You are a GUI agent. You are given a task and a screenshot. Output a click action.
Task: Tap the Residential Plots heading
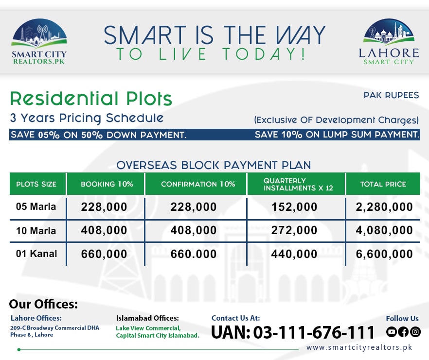click(x=91, y=99)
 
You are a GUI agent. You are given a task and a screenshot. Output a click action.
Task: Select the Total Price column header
click(x=383, y=184)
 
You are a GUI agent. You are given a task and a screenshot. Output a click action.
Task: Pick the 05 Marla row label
click(x=36, y=207)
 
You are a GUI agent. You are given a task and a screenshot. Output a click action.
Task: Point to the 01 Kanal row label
click(x=36, y=254)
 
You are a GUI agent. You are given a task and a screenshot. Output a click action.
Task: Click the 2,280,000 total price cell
click(x=384, y=207)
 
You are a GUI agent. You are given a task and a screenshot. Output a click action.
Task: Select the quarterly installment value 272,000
click(x=294, y=231)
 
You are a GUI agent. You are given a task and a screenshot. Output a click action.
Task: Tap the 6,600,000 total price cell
click(x=384, y=254)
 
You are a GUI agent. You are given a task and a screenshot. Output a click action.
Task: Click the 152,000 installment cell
click(x=294, y=207)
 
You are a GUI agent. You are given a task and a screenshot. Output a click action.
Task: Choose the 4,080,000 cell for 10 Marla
click(x=384, y=231)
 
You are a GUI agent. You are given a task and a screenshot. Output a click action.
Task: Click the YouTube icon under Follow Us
click(x=392, y=332)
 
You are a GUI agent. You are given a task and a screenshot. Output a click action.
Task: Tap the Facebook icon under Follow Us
click(x=403, y=332)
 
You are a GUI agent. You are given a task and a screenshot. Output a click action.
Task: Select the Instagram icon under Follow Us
click(x=415, y=332)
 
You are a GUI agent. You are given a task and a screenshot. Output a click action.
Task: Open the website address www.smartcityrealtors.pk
click(x=359, y=347)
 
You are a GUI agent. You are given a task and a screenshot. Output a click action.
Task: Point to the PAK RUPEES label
click(x=391, y=95)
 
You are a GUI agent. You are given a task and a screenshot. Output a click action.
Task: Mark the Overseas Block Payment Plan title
click(x=214, y=165)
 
